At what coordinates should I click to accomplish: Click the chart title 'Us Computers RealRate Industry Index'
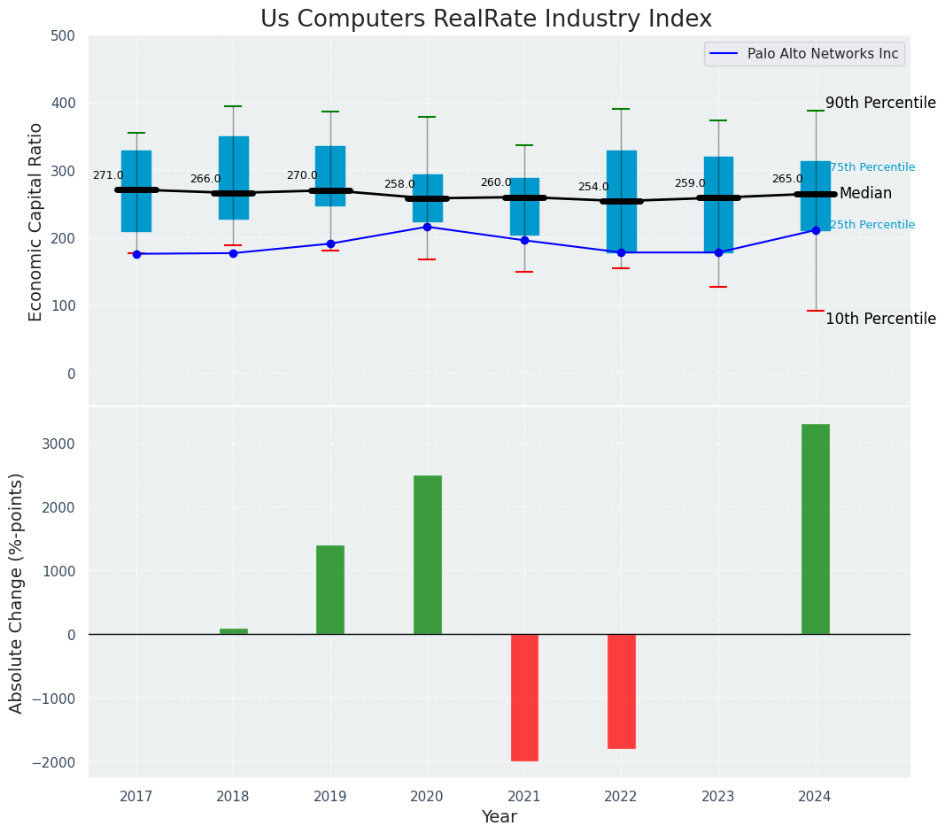click(x=485, y=19)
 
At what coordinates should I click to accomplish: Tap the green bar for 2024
click(x=815, y=529)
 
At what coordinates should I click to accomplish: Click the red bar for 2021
click(x=524, y=697)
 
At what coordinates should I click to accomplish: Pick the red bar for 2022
click(x=621, y=691)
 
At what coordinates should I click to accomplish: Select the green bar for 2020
click(x=427, y=554)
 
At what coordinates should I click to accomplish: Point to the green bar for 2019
click(x=330, y=590)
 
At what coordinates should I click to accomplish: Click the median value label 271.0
click(x=108, y=176)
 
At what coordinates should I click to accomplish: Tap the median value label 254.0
click(x=593, y=188)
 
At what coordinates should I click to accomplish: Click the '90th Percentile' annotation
click(x=880, y=104)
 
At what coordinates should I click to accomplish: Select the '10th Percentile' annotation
click(x=880, y=320)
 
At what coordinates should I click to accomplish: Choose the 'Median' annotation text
click(x=865, y=194)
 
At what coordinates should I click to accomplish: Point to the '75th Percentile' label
click(x=872, y=168)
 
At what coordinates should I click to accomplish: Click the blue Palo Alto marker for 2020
click(x=427, y=228)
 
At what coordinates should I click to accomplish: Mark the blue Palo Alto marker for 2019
click(x=330, y=244)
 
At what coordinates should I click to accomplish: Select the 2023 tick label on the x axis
click(x=717, y=797)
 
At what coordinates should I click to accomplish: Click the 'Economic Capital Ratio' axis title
click(x=36, y=221)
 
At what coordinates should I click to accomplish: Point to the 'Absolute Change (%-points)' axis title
click(x=17, y=592)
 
